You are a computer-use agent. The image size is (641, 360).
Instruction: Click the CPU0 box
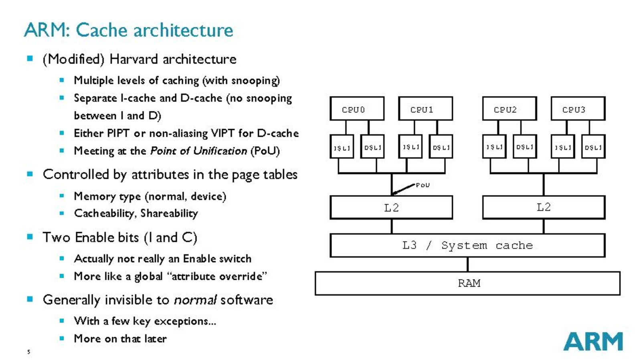pyautogui.click(x=357, y=109)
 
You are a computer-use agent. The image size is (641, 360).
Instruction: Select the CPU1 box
pyautogui.click(x=425, y=109)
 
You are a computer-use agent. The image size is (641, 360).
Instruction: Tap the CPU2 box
pyautogui.click(x=509, y=109)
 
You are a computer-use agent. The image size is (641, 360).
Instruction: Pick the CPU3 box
pyautogui.click(x=578, y=109)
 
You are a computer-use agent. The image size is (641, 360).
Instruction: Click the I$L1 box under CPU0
pyautogui.click(x=342, y=147)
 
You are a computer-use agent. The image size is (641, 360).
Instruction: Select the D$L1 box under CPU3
pyautogui.click(x=593, y=147)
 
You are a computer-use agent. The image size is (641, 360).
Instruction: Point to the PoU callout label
pyautogui.click(x=423, y=185)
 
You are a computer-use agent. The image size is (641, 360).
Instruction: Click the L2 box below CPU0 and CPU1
pyautogui.click(x=391, y=207)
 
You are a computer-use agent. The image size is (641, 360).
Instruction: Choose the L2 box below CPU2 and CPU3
pyautogui.click(x=544, y=207)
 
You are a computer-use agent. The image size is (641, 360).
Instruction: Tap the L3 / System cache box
pyautogui.click(x=467, y=245)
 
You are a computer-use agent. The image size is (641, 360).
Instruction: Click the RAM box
pyautogui.click(x=467, y=283)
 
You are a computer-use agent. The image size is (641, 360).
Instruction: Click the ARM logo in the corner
pyautogui.click(x=593, y=342)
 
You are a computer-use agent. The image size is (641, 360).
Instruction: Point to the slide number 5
pyautogui.click(x=28, y=352)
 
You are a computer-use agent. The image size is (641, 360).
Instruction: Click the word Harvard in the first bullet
pyautogui.click(x=134, y=59)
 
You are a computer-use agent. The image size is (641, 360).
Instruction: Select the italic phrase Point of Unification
pyautogui.click(x=198, y=151)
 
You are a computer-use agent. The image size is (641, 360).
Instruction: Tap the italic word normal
pyautogui.click(x=195, y=300)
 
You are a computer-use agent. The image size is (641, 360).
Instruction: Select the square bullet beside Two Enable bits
pyautogui.click(x=30, y=237)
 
